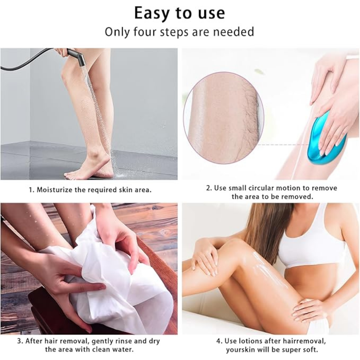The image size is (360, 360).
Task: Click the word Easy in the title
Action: [153, 13]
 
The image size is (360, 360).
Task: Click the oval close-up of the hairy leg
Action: [224, 118]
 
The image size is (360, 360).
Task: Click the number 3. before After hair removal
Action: [20, 341]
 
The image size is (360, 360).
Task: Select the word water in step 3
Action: [123, 350]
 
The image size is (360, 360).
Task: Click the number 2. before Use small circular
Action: [209, 188]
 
